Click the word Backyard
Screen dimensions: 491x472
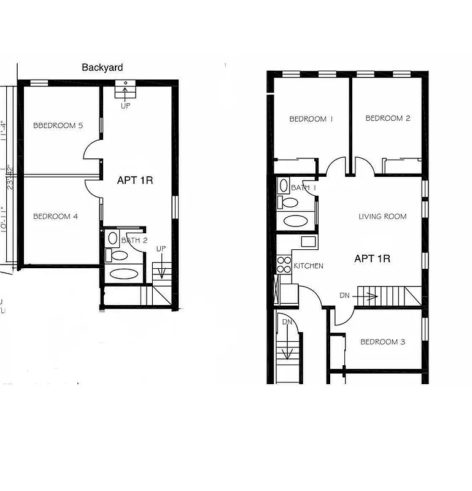pyautogui.click(x=103, y=68)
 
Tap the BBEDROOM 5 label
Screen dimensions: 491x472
pyautogui.click(x=58, y=126)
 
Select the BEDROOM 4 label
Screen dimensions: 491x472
pyautogui.click(x=56, y=216)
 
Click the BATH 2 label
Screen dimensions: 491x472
pyautogui.click(x=134, y=240)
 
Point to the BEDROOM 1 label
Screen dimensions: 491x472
pyautogui.click(x=311, y=119)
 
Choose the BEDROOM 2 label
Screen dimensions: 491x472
pyautogui.click(x=388, y=118)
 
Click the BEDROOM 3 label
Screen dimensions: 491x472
pyautogui.click(x=382, y=342)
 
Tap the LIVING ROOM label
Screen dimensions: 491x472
pyautogui.click(x=382, y=216)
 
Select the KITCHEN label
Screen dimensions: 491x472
pyautogui.click(x=309, y=266)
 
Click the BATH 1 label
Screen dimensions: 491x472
pyautogui.click(x=303, y=188)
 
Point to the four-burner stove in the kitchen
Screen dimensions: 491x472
pyautogui.click(x=284, y=265)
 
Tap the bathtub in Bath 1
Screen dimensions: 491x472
pyautogui.click(x=295, y=221)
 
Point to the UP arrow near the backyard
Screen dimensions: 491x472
pyautogui.click(x=126, y=94)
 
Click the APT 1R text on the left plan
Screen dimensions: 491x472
pyautogui.click(x=135, y=180)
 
